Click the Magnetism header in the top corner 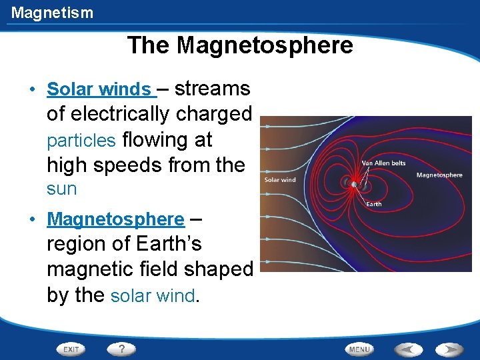click(x=52, y=13)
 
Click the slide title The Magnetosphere click(x=240, y=45)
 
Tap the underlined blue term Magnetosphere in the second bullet click(x=116, y=219)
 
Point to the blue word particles click(x=81, y=141)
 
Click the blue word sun click(x=61, y=189)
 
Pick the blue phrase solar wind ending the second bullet click(x=153, y=295)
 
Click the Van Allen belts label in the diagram click(x=383, y=163)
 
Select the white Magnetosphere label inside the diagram click(x=439, y=175)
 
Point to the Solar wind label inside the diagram click(x=280, y=179)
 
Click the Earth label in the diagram click(x=374, y=204)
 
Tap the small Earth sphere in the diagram click(x=353, y=184)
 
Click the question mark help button click(x=121, y=349)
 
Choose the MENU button click(x=359, y=349)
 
